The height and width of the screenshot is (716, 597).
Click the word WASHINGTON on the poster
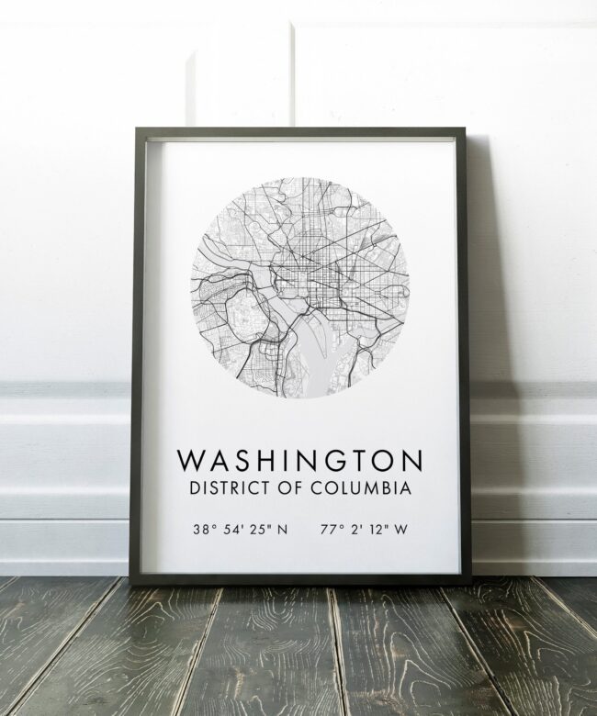click(298, 457)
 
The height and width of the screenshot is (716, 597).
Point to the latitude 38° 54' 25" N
click(239, 529)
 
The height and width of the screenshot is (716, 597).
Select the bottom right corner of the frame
click(468, 585)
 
